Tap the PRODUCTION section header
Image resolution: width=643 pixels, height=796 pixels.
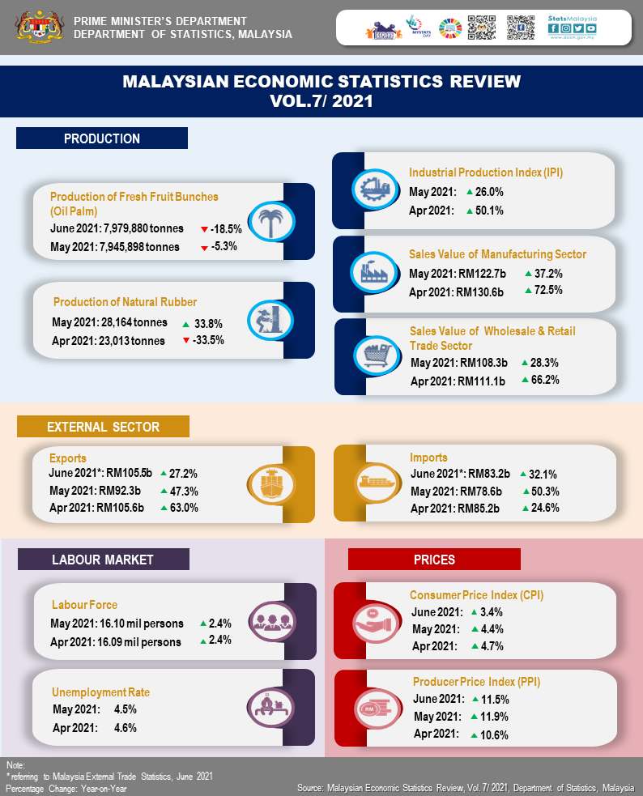click(102, 138)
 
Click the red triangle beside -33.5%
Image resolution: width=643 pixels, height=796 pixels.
click(187, 340)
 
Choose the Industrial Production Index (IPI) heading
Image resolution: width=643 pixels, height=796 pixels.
click(486, 172)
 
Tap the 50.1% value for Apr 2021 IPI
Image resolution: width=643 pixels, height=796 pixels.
click(491, 211)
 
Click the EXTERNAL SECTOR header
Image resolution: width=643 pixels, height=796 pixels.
click(103, 427)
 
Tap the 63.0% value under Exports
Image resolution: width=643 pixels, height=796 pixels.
click(183, 508)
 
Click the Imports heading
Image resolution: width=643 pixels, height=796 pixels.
click(428, 458)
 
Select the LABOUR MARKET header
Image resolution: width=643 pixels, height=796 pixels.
click(103, 560)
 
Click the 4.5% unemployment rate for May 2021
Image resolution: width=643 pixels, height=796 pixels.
click(125, 710)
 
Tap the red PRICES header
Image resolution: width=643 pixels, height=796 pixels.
click(434, 560)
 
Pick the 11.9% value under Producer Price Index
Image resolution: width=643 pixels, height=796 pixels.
click(496, 717)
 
